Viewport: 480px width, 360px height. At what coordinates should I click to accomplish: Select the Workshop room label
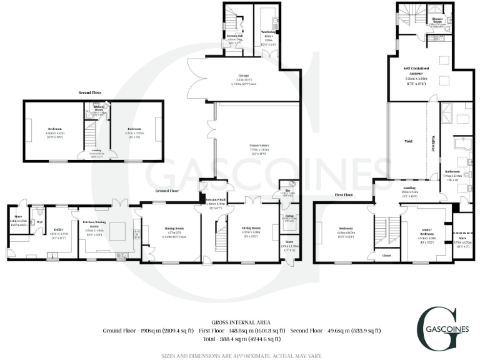269,31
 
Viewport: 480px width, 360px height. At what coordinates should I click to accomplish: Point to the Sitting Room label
251,228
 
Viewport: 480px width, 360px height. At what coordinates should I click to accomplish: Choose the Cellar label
289,217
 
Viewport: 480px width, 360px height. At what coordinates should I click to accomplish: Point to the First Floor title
344,194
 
